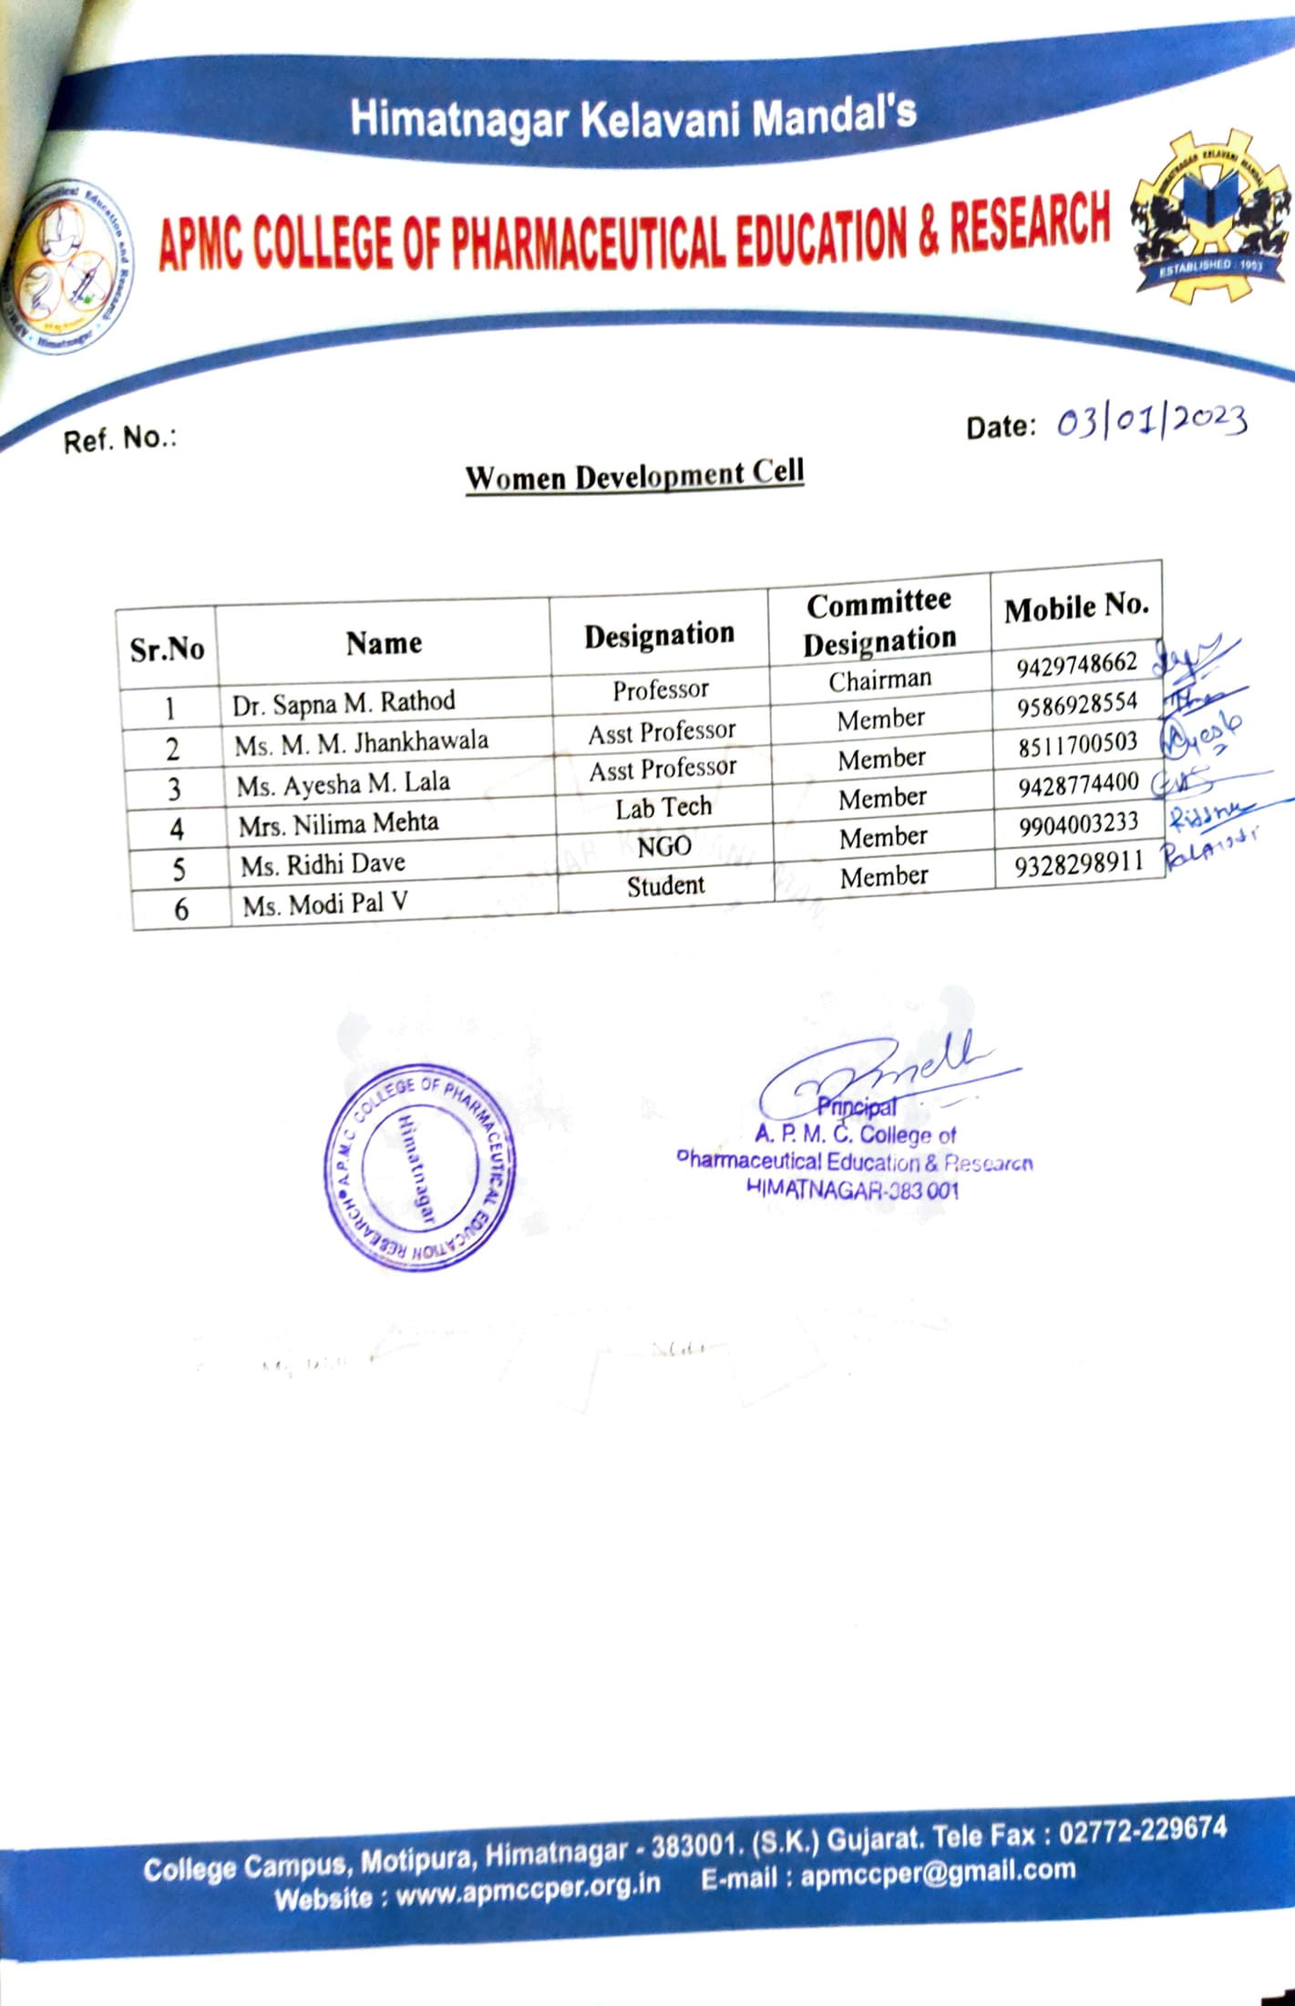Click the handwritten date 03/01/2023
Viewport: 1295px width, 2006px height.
[1151, 421]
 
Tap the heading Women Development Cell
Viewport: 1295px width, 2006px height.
[634, 475]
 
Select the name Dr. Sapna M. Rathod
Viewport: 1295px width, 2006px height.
[344, 703]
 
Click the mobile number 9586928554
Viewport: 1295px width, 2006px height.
[1077, 704]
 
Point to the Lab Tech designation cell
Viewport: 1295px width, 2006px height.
[663, 807]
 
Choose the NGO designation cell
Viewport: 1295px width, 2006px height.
[664, 847]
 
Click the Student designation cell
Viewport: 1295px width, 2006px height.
[665, 885]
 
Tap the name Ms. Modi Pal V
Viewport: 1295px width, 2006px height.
[324, 905]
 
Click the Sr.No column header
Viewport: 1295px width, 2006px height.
[167, 649]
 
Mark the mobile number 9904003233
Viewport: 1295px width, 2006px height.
[1079, 823]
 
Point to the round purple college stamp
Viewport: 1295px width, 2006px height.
[419, 1167]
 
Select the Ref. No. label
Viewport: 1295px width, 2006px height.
[119, 439]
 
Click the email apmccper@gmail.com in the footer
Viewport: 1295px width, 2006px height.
[938, 1875]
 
